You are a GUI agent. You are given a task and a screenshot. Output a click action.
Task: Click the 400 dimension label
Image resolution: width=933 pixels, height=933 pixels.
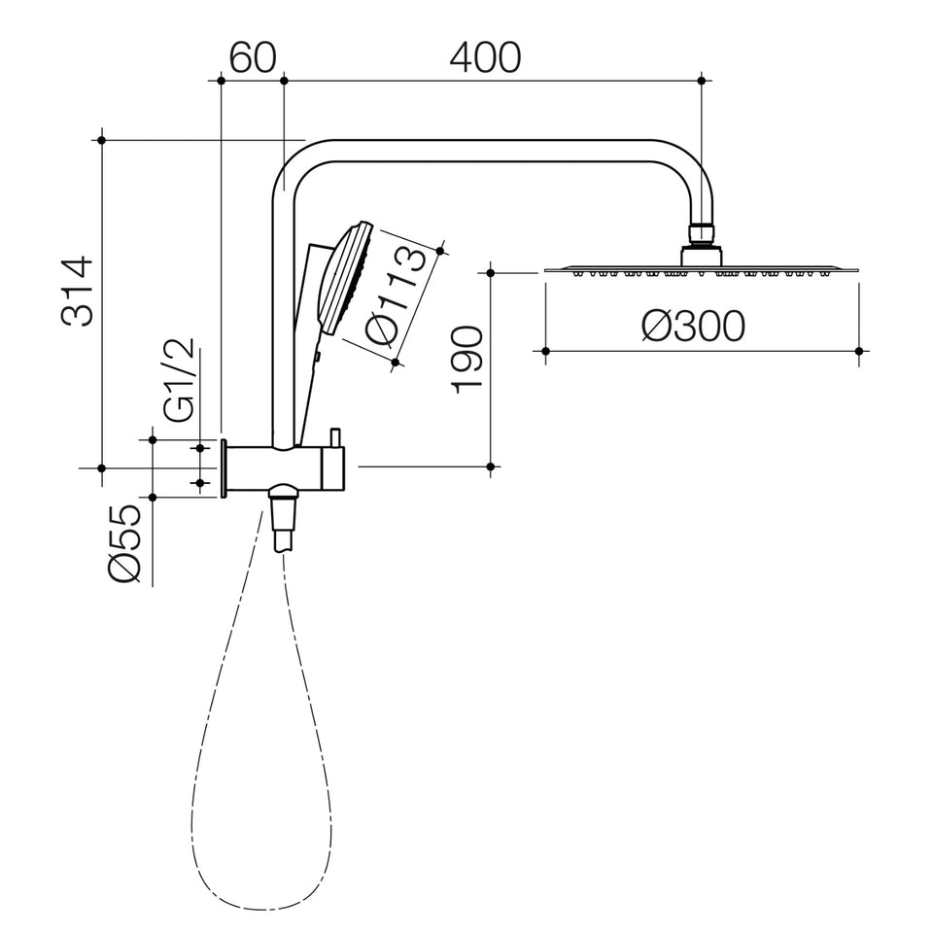[x=485, y=57]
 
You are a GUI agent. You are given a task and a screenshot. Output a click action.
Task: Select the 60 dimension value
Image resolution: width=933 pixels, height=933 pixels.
[x=253, y=57]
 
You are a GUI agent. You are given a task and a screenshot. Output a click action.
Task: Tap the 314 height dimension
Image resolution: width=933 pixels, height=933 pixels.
[x=78, y=292]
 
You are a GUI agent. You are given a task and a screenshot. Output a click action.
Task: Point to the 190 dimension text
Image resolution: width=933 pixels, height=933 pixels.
[x=466, y=360]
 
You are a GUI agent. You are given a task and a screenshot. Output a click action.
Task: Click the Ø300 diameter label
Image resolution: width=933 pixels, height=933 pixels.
[x=693, y=327]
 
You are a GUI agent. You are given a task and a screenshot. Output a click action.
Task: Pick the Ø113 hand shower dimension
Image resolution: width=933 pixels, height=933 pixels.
[x=396, y=296]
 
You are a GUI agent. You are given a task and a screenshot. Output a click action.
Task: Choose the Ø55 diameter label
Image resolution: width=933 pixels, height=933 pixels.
[x=125, y=542]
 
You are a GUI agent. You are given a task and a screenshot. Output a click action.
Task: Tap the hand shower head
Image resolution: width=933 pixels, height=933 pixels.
[x=346, y=278]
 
